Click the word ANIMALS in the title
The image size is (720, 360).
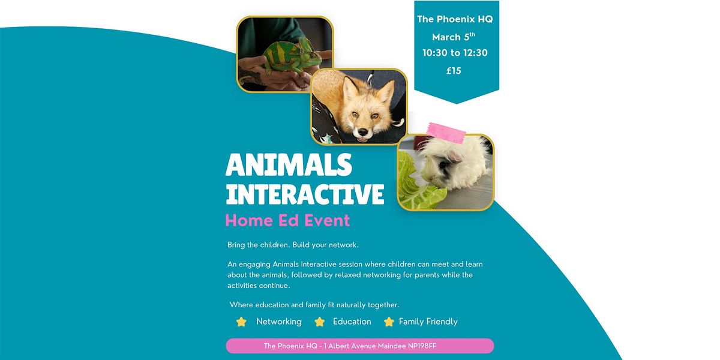(289, 164)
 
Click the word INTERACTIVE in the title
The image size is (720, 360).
(305, 194)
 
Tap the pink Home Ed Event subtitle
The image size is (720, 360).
(287, 221)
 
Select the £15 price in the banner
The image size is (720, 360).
(454, 71)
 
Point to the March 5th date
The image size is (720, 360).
(454, 37)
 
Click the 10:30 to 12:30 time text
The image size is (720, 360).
(455, 53)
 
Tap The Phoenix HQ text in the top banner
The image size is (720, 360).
(455, 19)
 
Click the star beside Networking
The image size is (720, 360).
(241, 322)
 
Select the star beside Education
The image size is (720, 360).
(319, 322)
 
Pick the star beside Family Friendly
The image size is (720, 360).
(389, 322)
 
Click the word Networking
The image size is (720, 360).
(278, 322)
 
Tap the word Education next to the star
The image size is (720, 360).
(352, 322)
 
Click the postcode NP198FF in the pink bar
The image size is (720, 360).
(422, 346)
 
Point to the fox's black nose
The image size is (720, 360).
(363, 132)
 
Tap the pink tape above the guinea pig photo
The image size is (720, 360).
(446, 133)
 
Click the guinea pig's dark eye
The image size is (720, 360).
(443, 165)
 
